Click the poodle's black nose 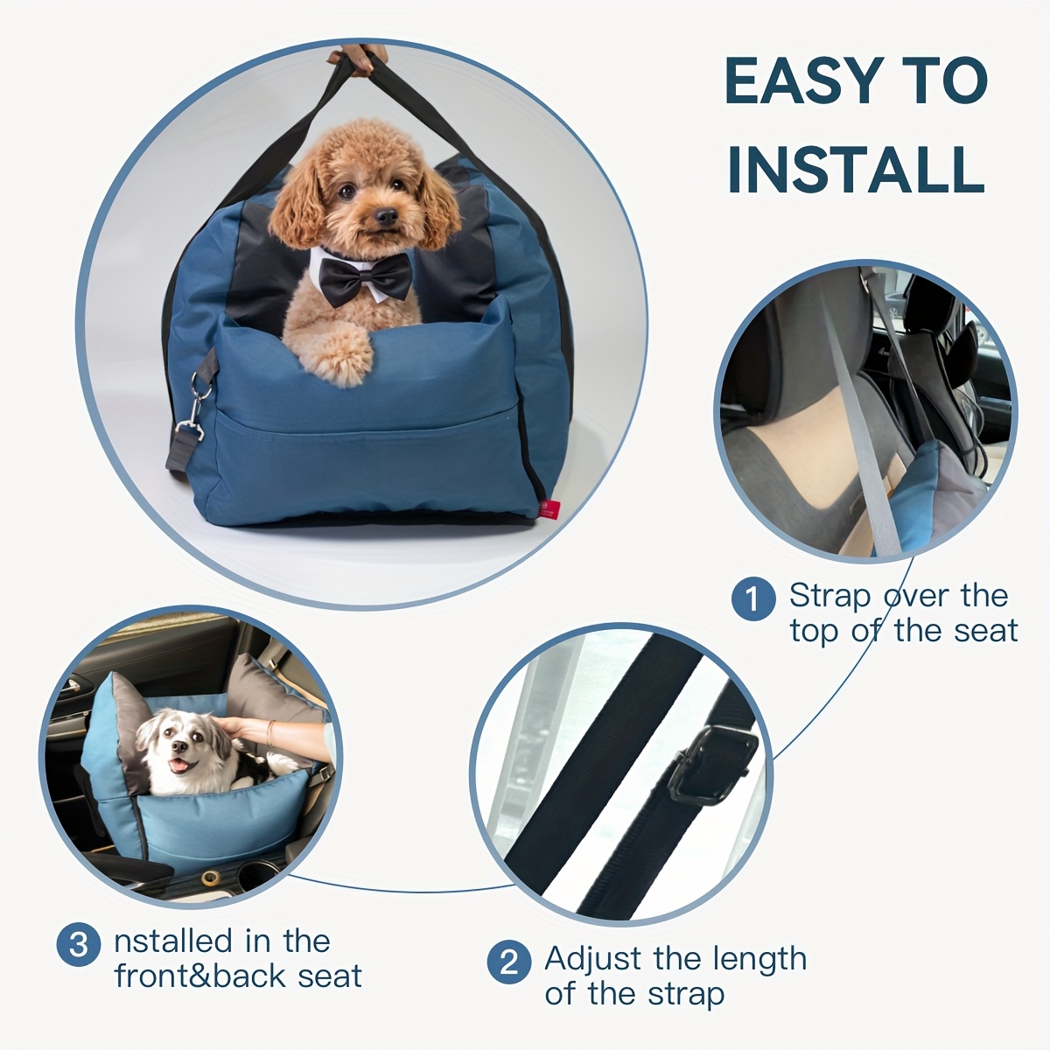[x=386, y=217]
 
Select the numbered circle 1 [x=752, y=599]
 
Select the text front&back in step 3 [x=200, y=976]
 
